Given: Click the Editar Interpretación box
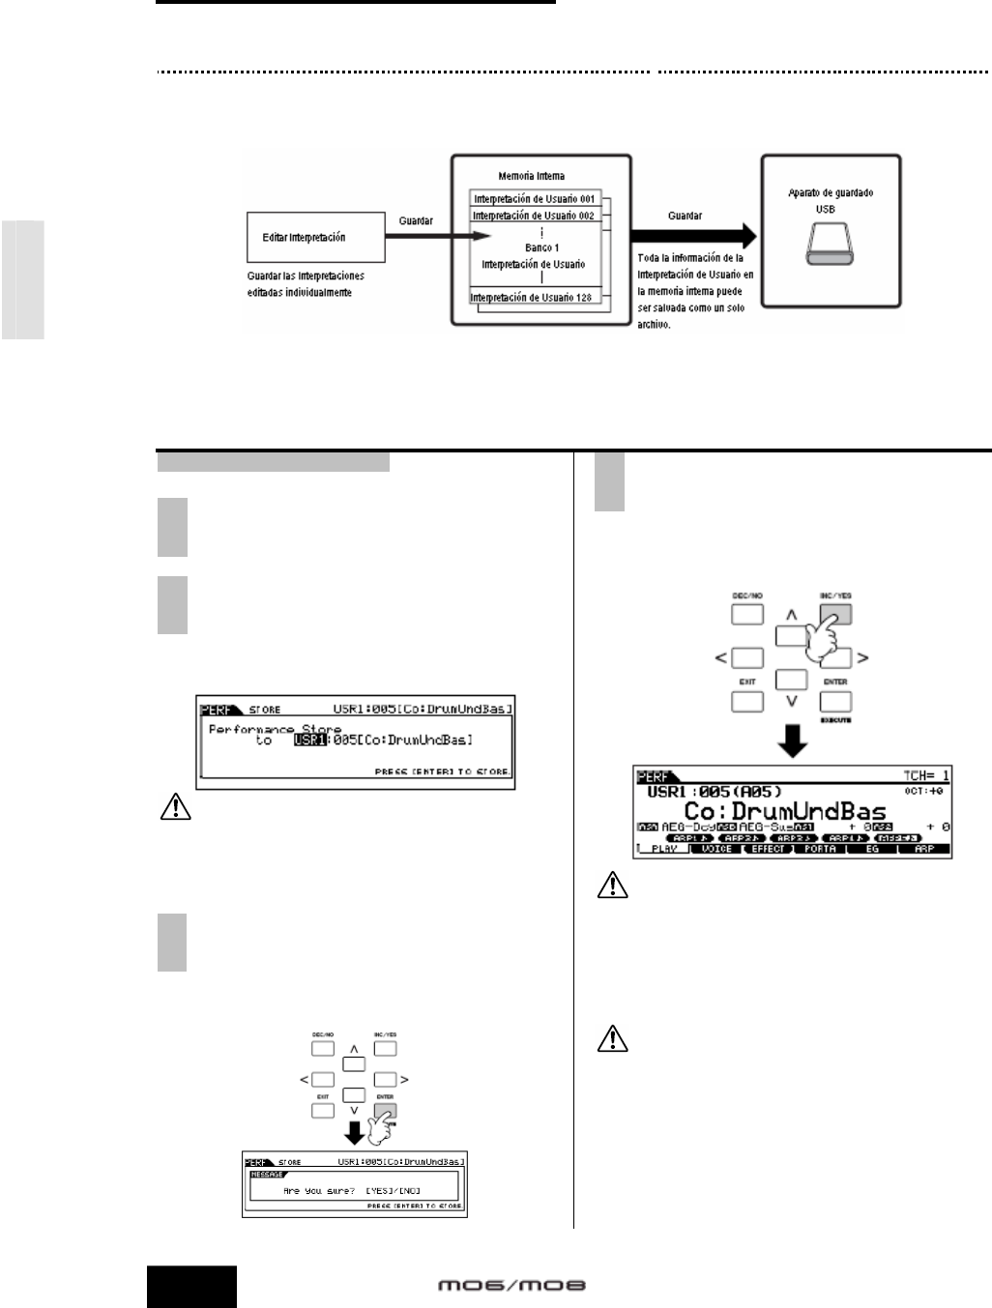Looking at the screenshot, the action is point(316,237).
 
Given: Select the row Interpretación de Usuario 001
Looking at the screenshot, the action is point(534,198).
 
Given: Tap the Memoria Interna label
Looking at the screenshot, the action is point(532,176).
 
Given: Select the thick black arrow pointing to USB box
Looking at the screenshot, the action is point(691,234).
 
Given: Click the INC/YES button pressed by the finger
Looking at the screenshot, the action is point(835,614).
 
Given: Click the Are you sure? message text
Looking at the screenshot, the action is point(323,1191).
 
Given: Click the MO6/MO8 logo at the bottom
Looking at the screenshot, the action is point(512,1286).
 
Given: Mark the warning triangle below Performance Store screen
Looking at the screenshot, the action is point(172,810).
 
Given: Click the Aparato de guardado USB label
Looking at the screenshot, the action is point(831,200).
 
